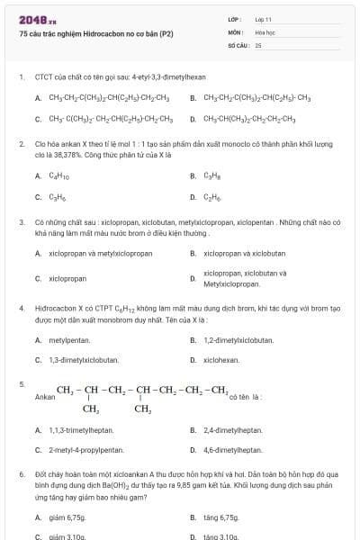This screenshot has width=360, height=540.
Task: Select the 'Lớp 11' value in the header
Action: (263, 19)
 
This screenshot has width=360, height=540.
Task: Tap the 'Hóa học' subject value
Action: (264, 31)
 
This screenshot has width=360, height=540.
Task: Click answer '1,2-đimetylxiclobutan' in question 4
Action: (238, 340)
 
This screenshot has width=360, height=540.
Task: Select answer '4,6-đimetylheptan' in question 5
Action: (233, 450)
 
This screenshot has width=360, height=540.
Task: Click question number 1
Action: (21, 77)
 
